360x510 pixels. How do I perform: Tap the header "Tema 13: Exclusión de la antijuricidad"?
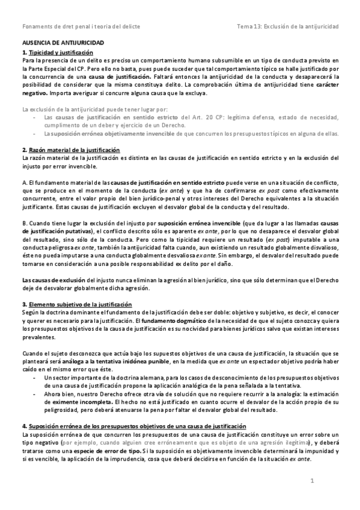click(288, 27)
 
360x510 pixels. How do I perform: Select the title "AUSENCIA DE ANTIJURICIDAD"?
click(63, 45)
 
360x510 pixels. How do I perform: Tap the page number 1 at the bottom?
click(313, 481)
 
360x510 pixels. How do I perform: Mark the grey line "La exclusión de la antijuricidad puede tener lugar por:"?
click(103, 109)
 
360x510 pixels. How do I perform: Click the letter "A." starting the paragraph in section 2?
click(23, 181)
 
